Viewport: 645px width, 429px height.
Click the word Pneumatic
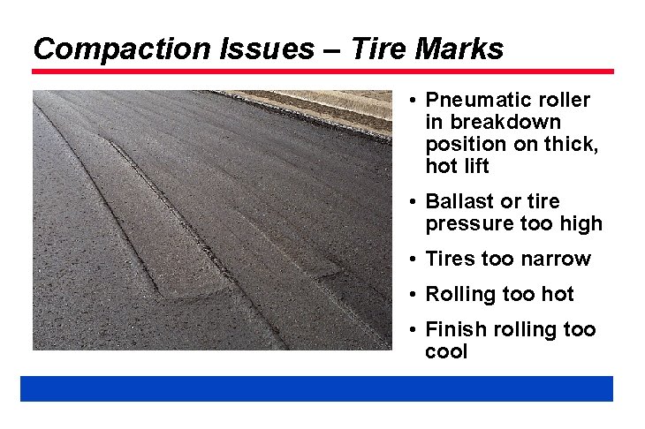pyautogui.click(x=475, y=100)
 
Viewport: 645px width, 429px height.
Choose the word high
pyautogui.click(x=580, y=223)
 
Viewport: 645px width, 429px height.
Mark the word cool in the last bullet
pyautogui.click(x=446, y=351)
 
